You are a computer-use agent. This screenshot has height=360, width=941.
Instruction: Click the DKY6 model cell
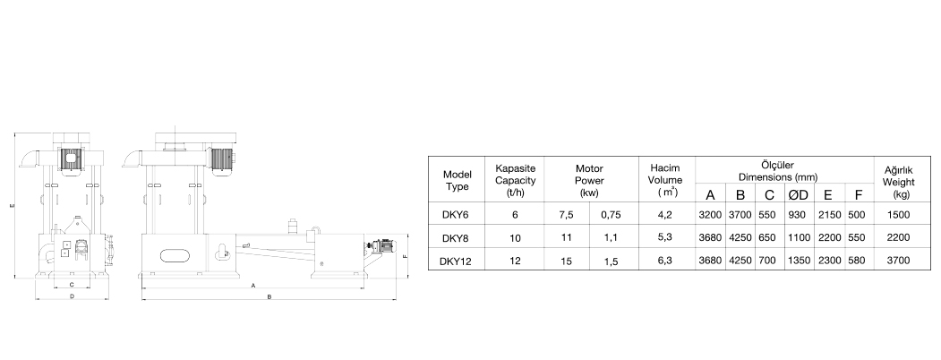point(456,215)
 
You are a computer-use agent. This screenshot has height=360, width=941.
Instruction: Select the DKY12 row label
point(456,261)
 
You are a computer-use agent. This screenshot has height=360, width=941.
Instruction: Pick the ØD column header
point(798,194)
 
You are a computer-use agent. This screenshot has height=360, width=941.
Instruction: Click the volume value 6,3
point(665,261)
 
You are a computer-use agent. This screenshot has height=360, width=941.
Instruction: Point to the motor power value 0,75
point(611,215)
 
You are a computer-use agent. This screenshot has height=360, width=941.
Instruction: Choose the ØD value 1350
point(799,261)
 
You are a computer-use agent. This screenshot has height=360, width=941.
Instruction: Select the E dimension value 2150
point(829,215)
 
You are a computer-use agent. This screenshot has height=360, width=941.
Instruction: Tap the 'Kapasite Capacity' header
point(515,179)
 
